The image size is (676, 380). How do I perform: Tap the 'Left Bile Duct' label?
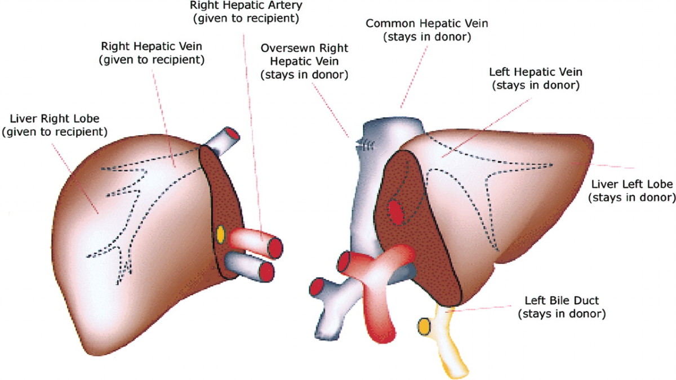[562, 307]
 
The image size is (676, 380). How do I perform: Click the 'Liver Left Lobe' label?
[630, 191]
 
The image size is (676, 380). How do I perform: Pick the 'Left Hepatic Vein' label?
[536, 79]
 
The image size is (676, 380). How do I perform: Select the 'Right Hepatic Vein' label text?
[152, 51]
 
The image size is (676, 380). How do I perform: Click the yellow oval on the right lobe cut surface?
[220, 234]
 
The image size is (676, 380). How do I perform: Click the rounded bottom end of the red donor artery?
[381, 335]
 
